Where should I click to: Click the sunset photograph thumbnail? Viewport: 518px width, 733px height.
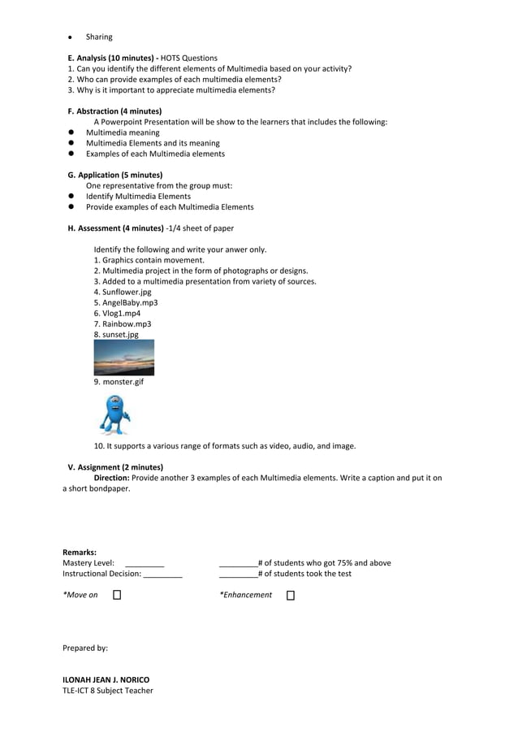[x=123, y=358]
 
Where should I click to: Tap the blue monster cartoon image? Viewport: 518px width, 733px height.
[x=114, y=414]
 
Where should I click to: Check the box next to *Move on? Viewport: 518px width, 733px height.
[x=117, y=596]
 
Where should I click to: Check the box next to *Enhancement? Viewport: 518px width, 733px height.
[x=291, y=596]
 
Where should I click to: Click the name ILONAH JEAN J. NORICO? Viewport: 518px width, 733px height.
[x=106, y=679]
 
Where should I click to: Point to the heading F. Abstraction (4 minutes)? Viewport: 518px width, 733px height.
[x=114, y=111]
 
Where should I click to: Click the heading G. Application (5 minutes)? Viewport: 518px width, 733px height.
[x=114, y=175]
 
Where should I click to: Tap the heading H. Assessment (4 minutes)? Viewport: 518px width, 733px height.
[x=115, y=228]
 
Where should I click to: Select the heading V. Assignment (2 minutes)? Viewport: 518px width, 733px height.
[x=115, y=467]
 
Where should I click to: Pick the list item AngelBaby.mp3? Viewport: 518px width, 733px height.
[x=126, y=302]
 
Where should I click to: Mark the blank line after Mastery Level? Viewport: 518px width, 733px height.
[x=145, y=563]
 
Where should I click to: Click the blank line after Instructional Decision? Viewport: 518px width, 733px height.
[x=162, y=575]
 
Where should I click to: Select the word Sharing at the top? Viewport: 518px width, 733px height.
[x=99, y=37]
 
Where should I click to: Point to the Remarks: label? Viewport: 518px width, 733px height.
[x=80, y=553]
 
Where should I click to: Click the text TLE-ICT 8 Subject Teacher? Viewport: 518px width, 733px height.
[x=107, y=691]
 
